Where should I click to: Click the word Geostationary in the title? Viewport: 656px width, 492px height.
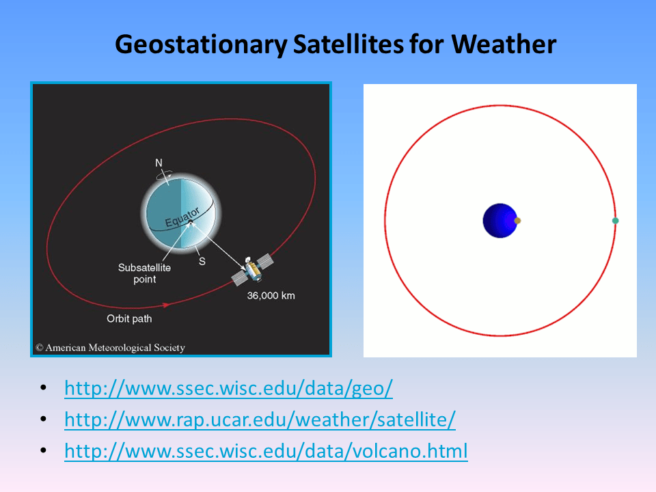[x=200, y=45]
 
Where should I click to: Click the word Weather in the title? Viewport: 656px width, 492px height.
[x=504, y=45]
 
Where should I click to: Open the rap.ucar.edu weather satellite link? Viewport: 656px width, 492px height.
[x=260, y=420]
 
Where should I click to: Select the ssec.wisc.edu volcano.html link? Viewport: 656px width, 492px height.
[x=266, y=451]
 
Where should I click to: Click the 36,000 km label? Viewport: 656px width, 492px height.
[x=271, y=296]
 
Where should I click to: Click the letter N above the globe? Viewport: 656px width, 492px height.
[x=159, y=163]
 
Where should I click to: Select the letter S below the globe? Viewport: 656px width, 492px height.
[x=202, y=261]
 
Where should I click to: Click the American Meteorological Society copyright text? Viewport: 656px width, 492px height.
[x=110, y=348]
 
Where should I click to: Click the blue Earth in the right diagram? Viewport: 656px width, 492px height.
[x=499, y=221]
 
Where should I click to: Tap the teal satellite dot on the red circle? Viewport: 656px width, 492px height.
[x=615, y=221]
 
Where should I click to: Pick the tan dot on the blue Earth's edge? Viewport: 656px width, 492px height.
[x=517, y=221]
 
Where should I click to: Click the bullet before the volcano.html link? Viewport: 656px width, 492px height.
[x=44, y=451]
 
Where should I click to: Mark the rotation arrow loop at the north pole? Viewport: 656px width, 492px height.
[x=164, y=175]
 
